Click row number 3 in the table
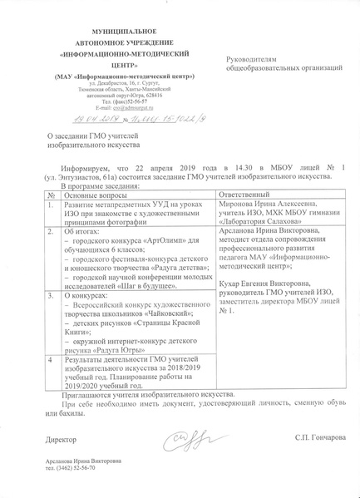coord(52,293)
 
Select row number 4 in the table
coord(52,357)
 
